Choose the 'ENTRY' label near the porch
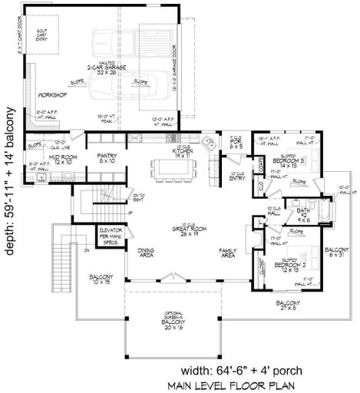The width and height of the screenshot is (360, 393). [238, 177]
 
